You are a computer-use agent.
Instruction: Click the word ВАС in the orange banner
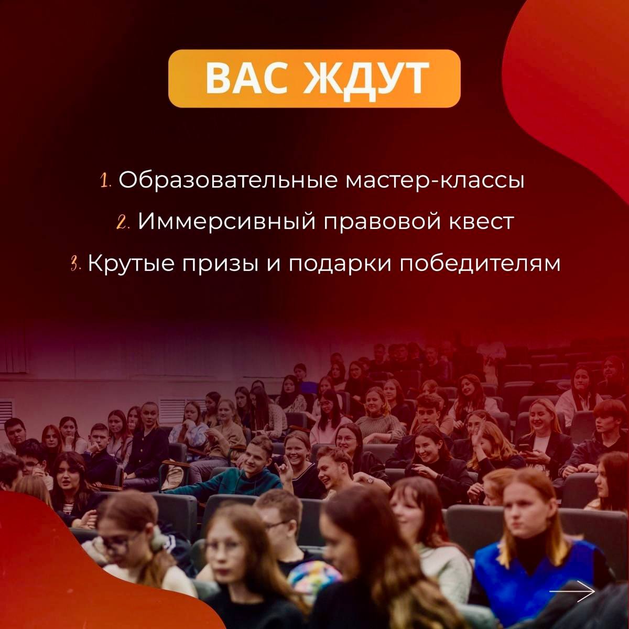pos(246,78)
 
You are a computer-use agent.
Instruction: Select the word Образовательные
pos(228,180)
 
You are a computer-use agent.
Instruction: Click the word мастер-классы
pos(435,180)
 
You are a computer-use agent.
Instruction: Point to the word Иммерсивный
pos(226,222)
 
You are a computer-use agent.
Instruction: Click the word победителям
pos(480,264)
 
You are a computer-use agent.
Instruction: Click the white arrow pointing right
pos(572,591)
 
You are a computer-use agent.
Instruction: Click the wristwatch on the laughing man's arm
pos(370,480)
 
